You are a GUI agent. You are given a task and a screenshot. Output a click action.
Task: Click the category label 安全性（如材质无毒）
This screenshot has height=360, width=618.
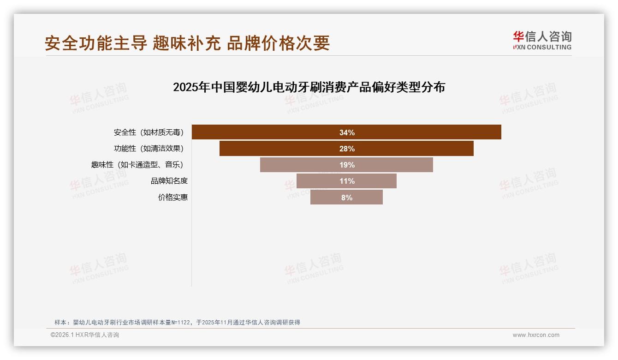click(149, 132)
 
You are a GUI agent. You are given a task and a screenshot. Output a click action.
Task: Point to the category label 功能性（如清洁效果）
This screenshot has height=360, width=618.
click(149, 149)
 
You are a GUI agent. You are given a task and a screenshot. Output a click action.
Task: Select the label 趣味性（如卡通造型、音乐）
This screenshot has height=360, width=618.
click(140, 165)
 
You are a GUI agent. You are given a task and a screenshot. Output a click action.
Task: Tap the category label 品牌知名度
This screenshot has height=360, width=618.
click(169, 181)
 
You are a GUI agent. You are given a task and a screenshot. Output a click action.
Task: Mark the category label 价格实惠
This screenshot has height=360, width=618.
click(173, 198)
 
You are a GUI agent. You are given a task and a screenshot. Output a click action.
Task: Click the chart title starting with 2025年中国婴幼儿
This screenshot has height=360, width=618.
click(309, 87)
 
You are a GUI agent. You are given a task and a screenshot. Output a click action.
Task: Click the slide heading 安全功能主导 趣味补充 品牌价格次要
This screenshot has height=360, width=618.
click(187, 43)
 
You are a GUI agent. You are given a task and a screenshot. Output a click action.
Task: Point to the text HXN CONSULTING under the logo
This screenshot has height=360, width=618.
click(542, 47)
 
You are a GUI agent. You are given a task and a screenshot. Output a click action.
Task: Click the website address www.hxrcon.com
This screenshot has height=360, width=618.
click(536, 335)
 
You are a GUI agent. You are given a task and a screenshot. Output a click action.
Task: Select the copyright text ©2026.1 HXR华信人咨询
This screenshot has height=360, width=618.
click(85, 335)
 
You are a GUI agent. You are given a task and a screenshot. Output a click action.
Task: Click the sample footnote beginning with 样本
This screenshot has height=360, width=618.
click(177, 323)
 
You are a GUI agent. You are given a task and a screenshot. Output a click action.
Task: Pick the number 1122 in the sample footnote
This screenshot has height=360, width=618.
click(183, 323)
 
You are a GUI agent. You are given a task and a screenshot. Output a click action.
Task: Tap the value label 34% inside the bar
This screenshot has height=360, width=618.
click(347, 132)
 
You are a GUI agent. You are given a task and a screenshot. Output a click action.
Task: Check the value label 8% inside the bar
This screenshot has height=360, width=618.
click(347, 198)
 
